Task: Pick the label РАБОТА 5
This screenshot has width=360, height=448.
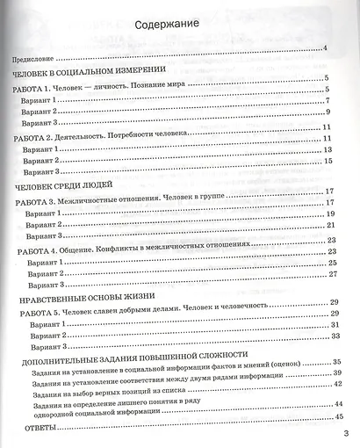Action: (x=40, y=314)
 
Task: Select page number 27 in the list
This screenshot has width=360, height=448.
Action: (x=334, y=274)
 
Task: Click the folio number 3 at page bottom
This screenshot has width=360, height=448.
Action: (x=346, y=433)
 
